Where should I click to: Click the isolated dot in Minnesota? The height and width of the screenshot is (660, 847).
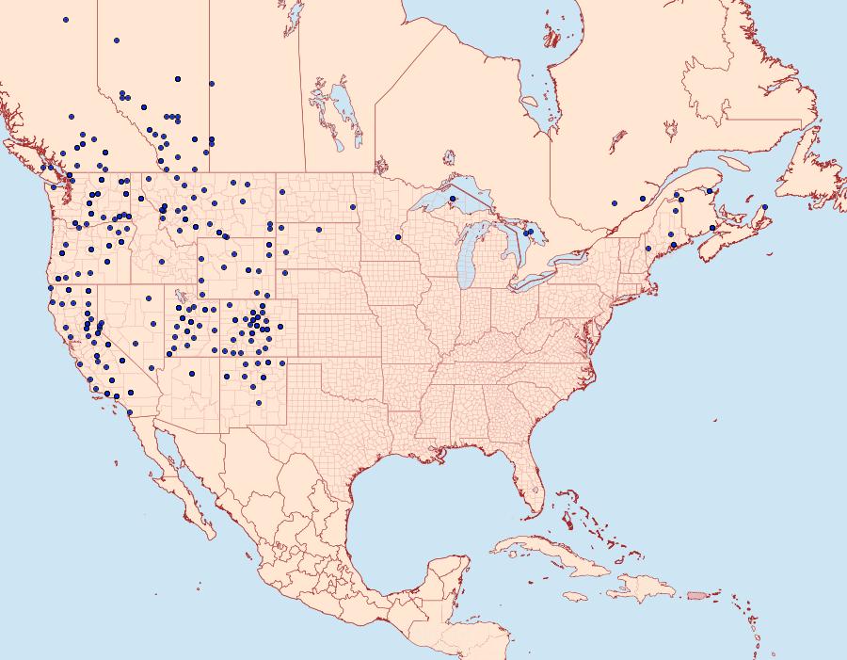pyautogui.click(x=398, y=237)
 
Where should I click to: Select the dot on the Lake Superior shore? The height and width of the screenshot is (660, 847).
pyautogui.click(x=452, y=199)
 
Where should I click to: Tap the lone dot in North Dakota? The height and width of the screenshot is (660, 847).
pyautogui.click(x=353, y=207)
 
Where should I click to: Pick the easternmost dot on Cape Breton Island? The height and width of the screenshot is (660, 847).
pyautogui.click(x=765, y=207)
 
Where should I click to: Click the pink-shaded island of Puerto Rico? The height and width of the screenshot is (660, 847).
pyautogui.click(x=697, y=595)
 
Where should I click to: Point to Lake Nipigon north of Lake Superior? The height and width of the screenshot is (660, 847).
pyautogui.click(x=449, y=157)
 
